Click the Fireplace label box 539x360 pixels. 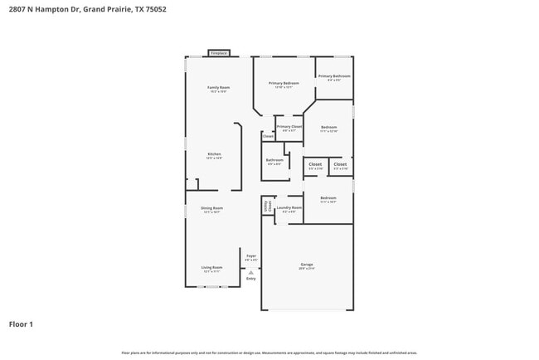218,52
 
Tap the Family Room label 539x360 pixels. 218,88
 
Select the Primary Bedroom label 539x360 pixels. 284,84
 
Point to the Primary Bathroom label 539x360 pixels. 334,76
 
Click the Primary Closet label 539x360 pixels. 289,127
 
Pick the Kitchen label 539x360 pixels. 214,155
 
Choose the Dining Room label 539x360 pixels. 212,208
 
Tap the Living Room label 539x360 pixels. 212,268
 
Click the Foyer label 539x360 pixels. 251,256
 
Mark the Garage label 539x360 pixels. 307,265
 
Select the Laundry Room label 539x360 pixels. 289,207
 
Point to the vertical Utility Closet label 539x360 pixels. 267,206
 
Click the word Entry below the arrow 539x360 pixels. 251,278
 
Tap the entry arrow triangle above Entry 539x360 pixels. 251,270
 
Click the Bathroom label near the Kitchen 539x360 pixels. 274,160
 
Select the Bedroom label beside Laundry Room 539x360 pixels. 328,198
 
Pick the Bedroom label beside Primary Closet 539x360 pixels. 328,127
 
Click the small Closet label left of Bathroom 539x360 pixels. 268,136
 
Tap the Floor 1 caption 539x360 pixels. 21,324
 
